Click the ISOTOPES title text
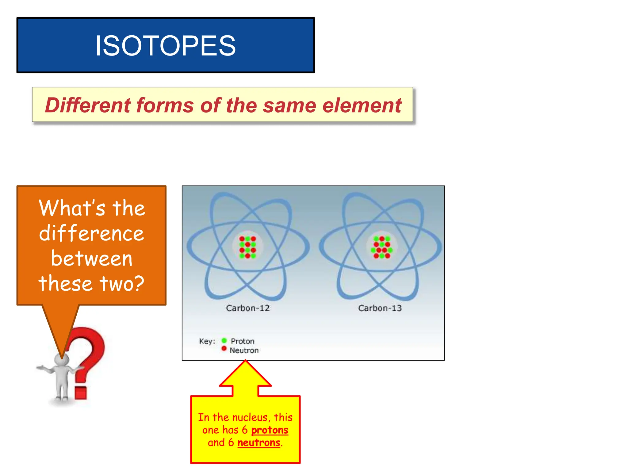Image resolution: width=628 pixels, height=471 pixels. tap(165, 46)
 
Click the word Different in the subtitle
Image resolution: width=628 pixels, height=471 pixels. tap(88, 105)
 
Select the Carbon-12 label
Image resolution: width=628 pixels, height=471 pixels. tap(248, 308)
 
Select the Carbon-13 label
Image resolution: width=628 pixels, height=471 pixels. tap(380, 308)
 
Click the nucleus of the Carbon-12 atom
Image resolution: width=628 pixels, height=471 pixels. tap(248, 247)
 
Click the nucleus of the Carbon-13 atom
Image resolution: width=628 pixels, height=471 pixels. tap(382, 247)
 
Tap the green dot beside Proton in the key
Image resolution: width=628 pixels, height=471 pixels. tap(224, 341)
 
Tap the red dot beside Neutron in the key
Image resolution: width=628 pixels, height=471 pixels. tap(224, 349)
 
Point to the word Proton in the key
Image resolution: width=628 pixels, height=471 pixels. tap(243, 341)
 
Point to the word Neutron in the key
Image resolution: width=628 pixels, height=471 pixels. tap(244, 350)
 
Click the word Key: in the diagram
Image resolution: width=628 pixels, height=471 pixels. tap(207, 341)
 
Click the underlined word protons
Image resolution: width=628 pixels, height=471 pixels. tap(270, 430)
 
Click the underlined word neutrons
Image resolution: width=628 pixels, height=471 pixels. tap(259, 443)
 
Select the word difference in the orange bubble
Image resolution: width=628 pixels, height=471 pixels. tap(91, 233)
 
